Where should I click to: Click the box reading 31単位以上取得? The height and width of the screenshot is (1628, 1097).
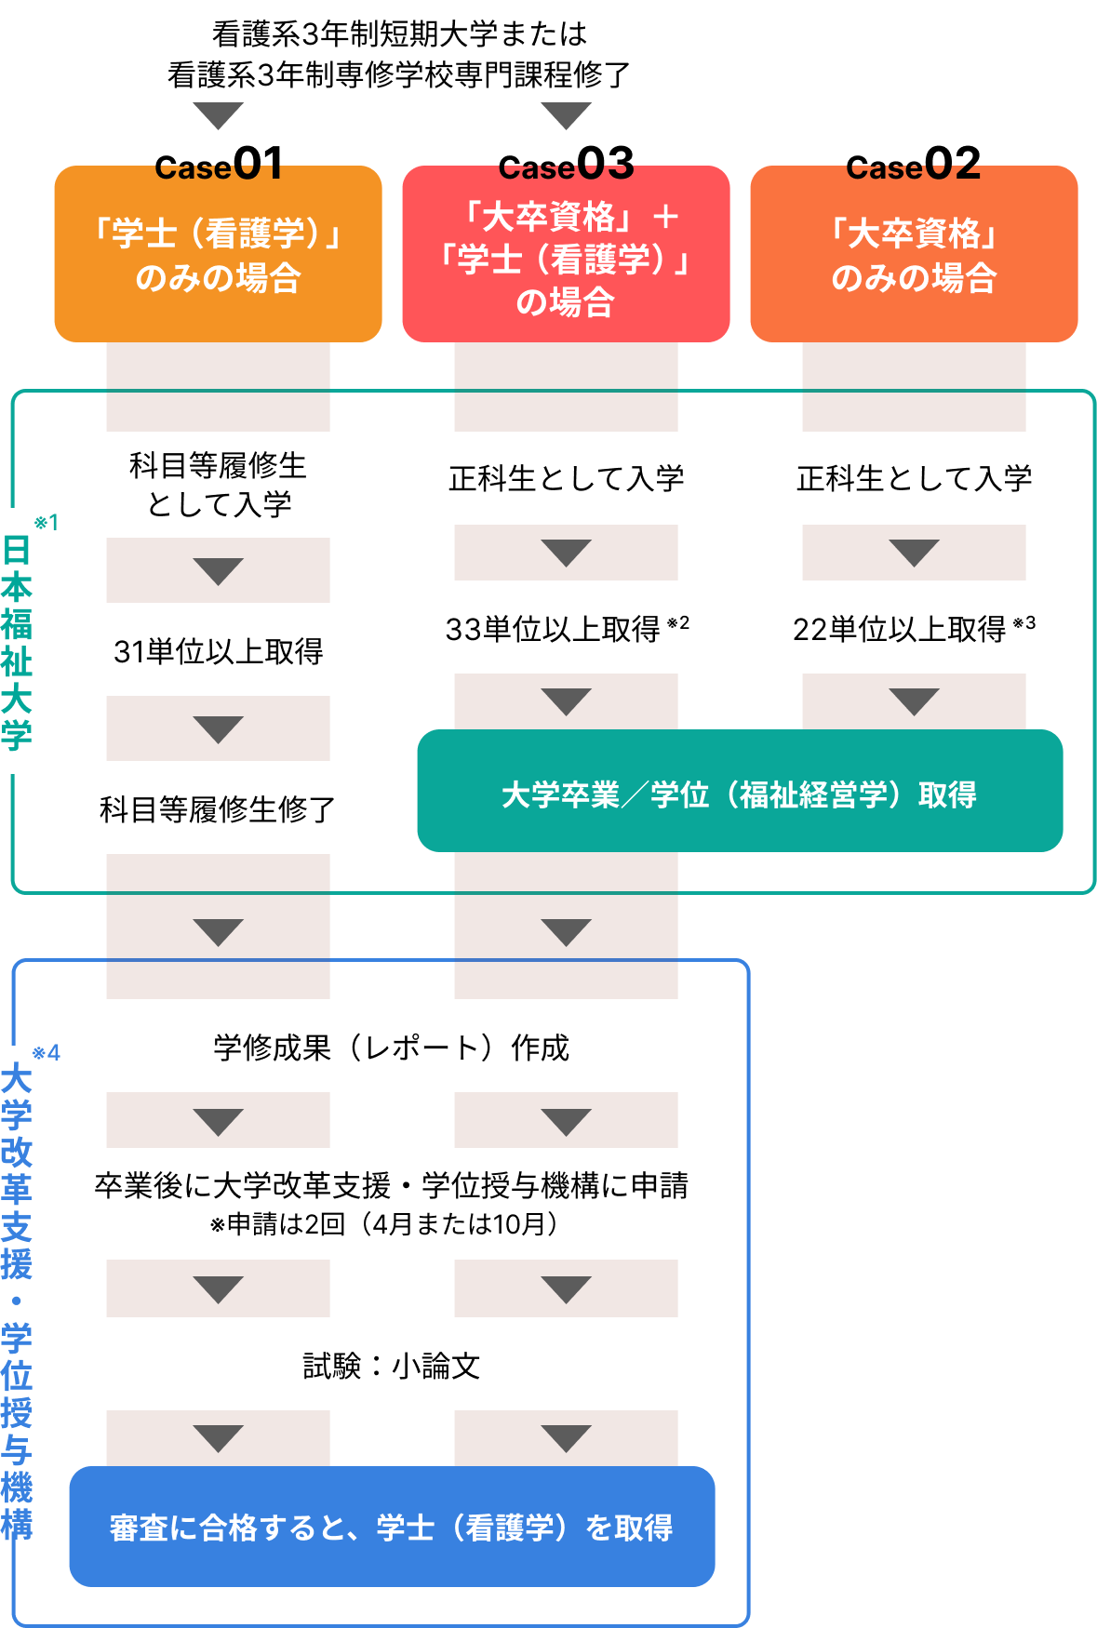(218, 650)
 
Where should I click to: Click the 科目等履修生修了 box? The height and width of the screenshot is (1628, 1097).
(218, 807)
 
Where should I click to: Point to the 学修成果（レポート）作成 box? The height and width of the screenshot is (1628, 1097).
(392, 1046)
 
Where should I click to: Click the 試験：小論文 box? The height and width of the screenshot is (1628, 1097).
(392, 1364)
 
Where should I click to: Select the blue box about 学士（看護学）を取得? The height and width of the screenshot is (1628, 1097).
(392, 1527)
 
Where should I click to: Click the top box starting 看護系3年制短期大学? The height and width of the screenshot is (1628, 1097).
(392, 54)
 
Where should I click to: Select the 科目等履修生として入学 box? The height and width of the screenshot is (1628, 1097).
(218, 485)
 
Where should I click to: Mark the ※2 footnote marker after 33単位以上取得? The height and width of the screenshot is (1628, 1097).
(678, 622)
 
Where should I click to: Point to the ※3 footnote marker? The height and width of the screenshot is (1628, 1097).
(1024, 622)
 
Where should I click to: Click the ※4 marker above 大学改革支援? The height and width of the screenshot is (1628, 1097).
(47, 1053)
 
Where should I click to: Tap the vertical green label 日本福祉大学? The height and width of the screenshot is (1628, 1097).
(17, 642)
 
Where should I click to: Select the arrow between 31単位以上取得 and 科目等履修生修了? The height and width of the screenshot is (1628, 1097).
(218, 729)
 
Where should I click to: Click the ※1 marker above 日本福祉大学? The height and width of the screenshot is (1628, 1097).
(47, 523)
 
